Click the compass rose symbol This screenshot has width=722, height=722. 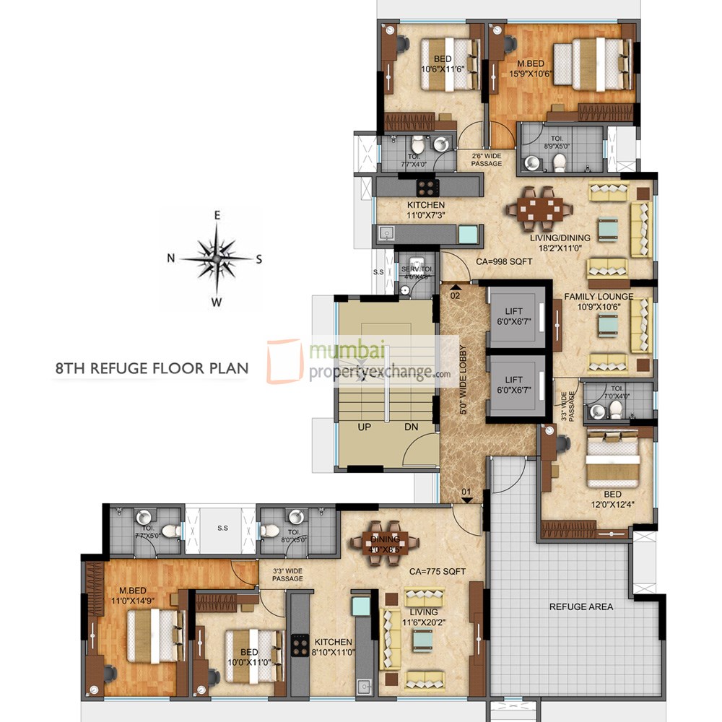coord(216,258)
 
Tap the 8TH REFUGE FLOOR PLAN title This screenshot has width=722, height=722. coord(152,368)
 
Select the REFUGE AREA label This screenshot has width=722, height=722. coord(581,606)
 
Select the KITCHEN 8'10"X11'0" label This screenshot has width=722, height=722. coord(333,647)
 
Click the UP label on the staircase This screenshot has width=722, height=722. coord(365,427)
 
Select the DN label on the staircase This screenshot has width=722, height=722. coord(411,427)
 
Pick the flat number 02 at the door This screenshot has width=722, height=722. coord(456,295)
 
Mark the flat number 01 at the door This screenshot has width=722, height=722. coord(466,493)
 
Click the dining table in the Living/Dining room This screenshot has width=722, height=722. coord(539,209)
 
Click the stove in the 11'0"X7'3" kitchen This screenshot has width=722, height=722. coord(427,188)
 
